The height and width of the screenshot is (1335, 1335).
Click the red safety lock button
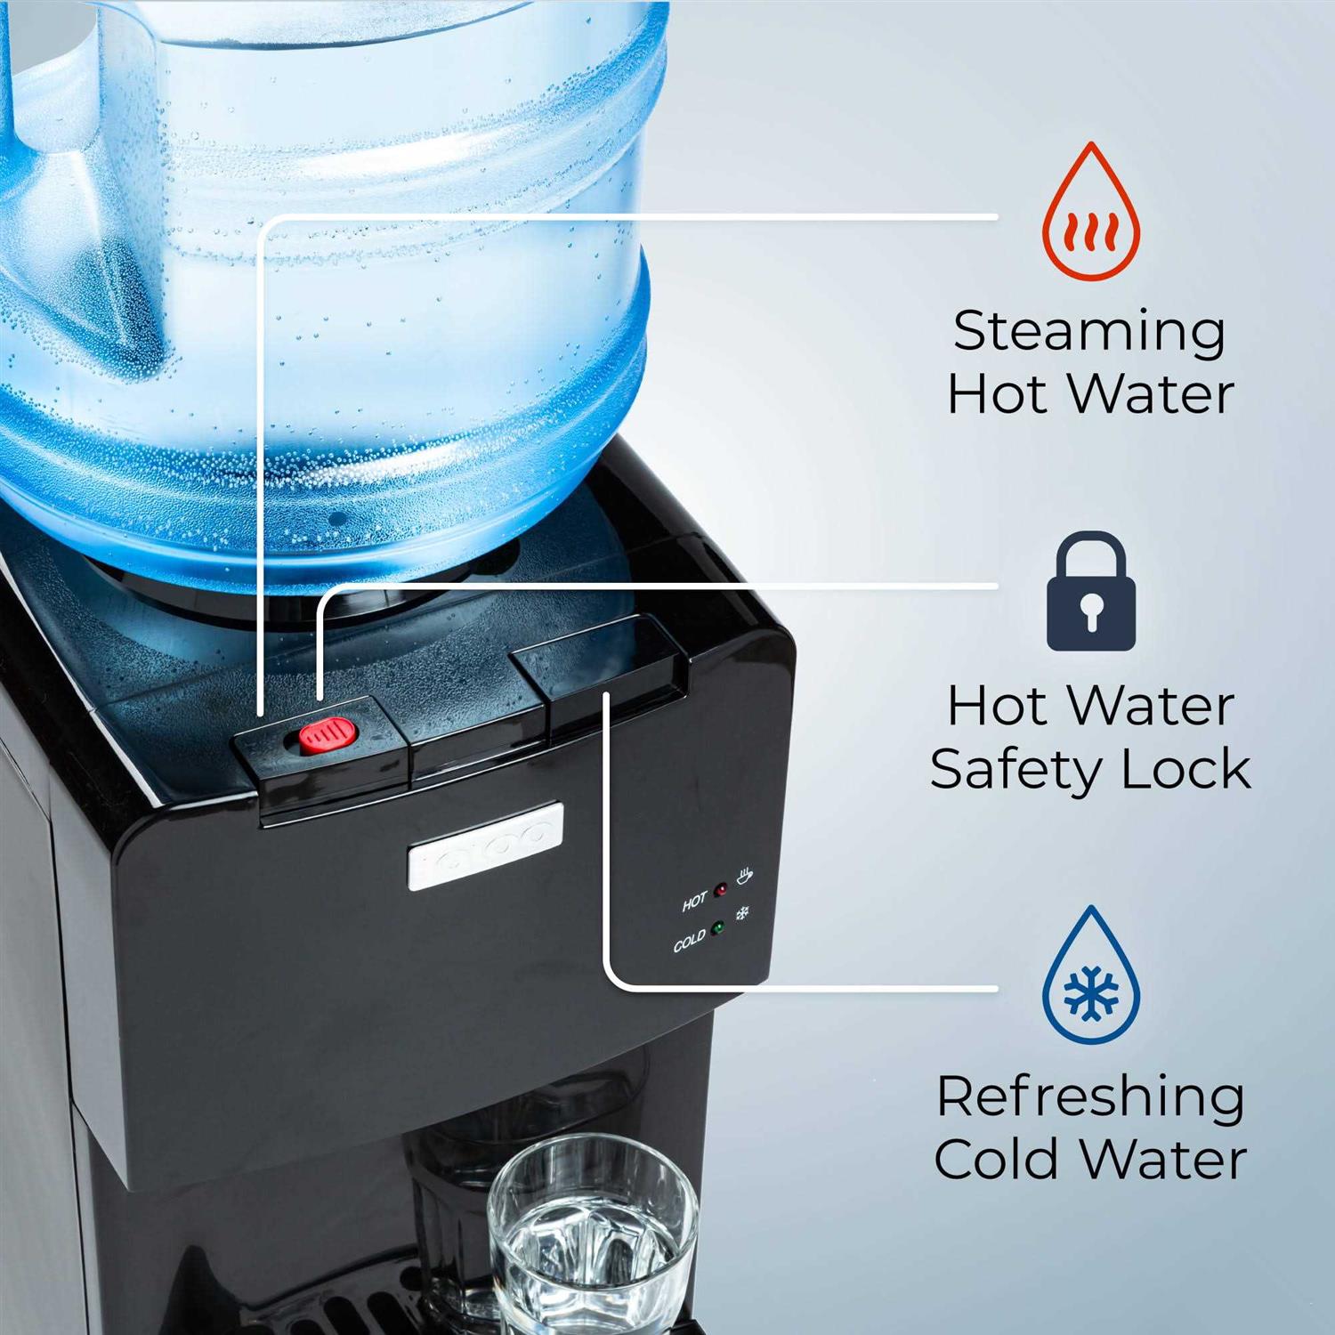point(327,736)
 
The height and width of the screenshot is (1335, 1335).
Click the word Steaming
point(1089,333)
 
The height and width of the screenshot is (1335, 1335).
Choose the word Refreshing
point(1089,1097)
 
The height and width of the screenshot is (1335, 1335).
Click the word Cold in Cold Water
point(996,1159)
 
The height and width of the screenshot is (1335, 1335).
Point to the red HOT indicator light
point(721,889)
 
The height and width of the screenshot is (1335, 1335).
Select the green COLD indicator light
point(717,927)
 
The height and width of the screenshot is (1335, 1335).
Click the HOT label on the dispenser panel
point(694,902)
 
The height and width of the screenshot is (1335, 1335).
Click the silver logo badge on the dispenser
point(485,845)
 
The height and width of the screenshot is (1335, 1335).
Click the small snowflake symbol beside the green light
point(741,913)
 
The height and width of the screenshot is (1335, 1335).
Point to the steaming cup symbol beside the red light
point(744,876)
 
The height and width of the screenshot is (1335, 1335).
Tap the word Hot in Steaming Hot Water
point(995,394)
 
